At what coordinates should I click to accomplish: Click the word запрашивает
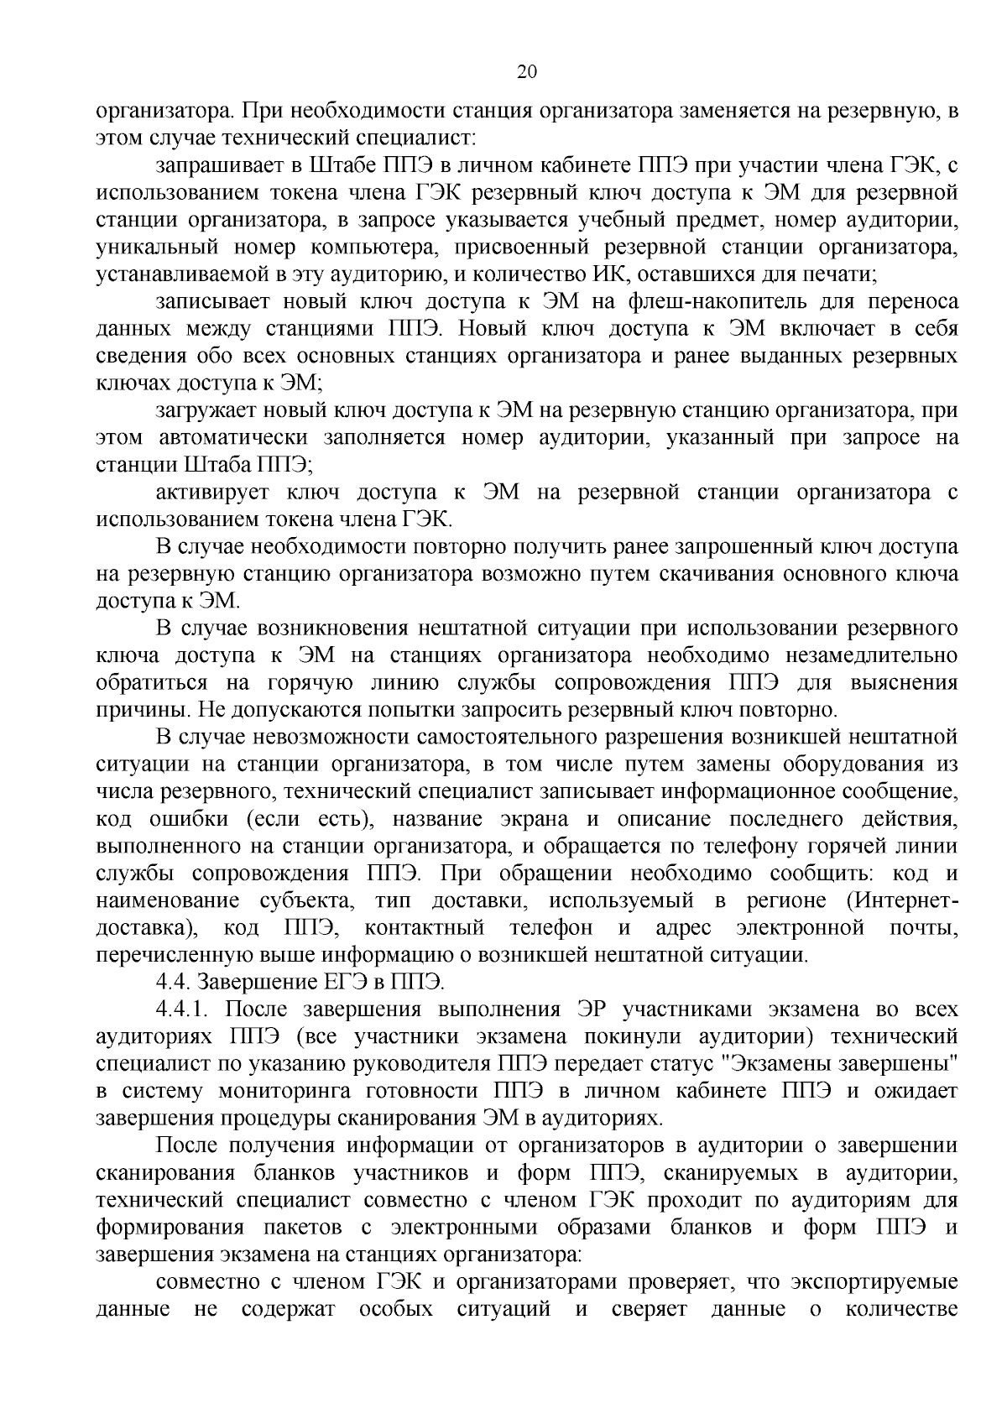215,167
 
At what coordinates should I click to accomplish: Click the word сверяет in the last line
649,1308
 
